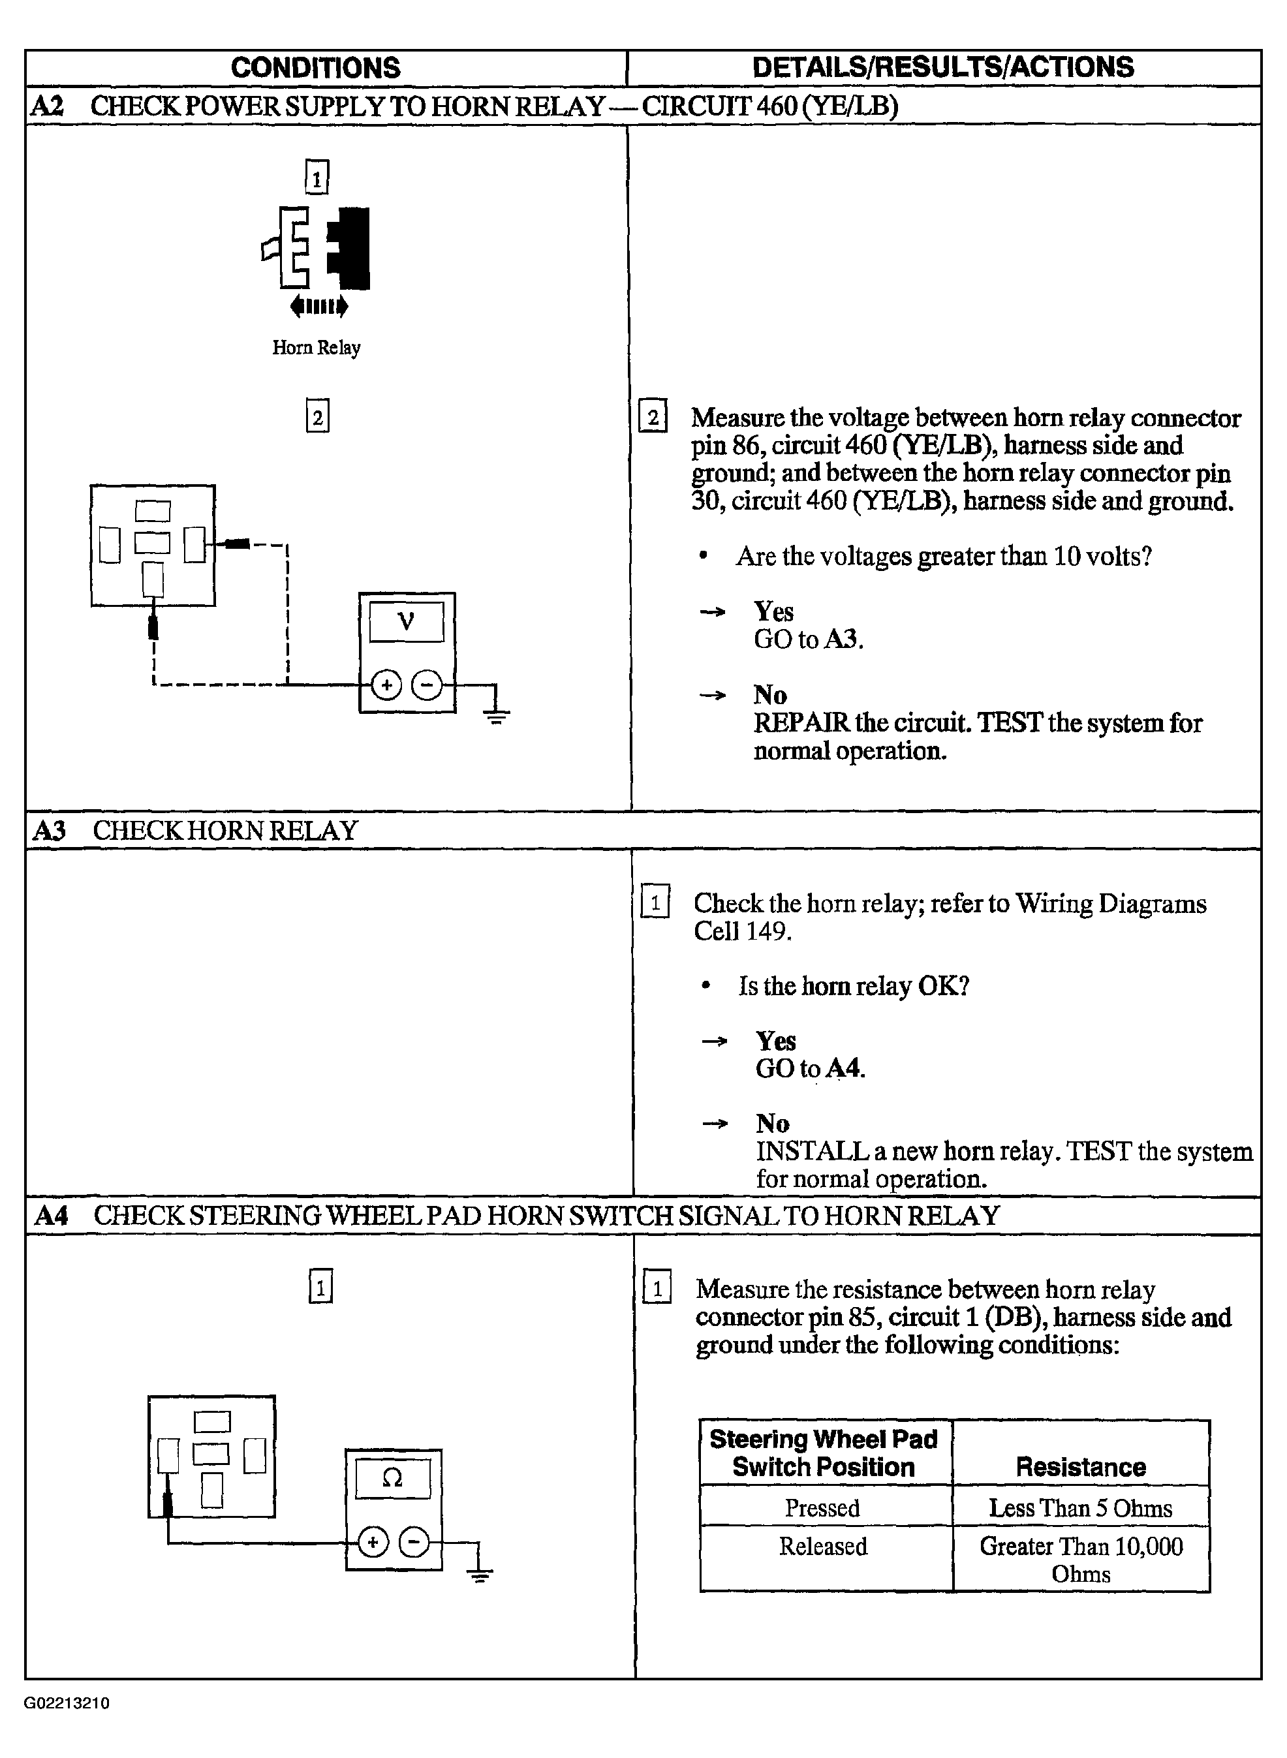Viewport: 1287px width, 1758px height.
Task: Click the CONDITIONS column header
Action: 315,68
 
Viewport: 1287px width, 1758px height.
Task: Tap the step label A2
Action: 47,106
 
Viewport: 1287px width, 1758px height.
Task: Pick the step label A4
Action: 52,1215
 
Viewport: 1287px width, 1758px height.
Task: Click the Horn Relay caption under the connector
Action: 317,347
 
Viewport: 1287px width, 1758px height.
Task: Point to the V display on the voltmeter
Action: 406,621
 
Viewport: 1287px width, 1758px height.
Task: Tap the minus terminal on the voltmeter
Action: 427,685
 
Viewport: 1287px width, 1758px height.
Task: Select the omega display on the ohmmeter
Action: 393,1477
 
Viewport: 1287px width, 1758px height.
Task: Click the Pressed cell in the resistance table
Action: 823,1508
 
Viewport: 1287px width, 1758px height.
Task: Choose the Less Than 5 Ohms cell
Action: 1081,1508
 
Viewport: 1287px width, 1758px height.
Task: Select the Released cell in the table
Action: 824,1546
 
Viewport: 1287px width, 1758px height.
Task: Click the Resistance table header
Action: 1081,1468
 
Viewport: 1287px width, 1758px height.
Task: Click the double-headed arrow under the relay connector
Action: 318,306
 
